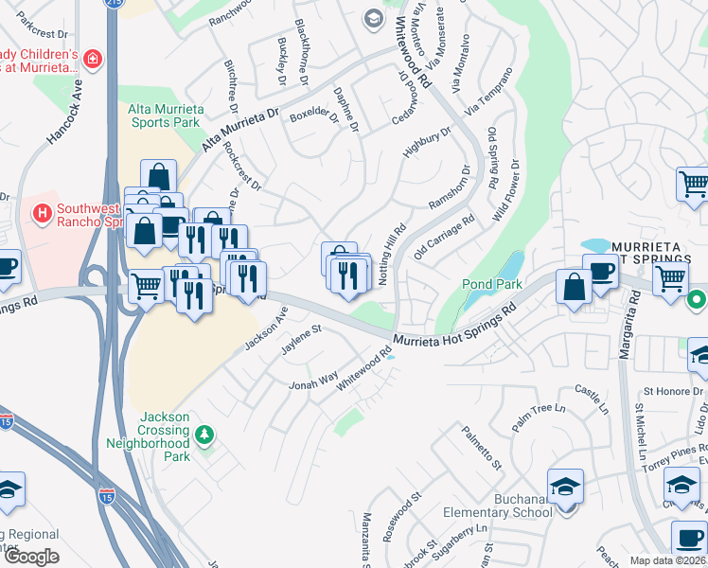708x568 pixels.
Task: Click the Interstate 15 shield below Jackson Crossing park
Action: (106, 493)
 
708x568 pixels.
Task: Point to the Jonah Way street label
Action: (313, 381)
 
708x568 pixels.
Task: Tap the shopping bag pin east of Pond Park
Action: (575, 286)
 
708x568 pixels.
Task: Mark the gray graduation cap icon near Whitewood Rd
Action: (374, 19)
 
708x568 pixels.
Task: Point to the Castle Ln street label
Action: (592, 399)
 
